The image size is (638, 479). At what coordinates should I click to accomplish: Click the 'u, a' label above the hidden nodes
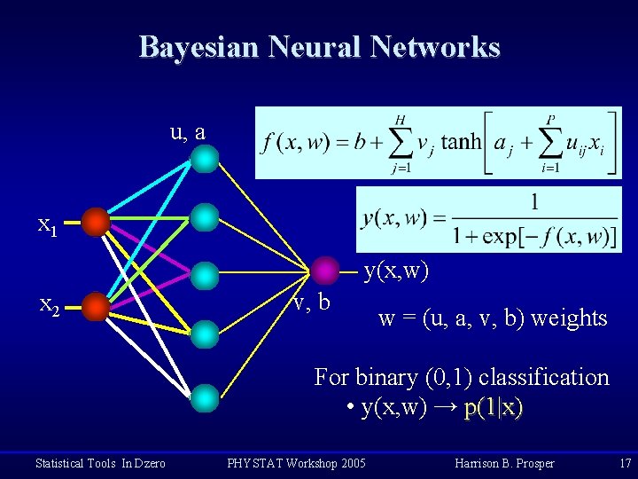tap(188, 132)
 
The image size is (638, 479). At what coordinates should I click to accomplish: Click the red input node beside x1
tap(96, 222)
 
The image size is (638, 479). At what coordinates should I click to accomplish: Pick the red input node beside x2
tap(96, 308)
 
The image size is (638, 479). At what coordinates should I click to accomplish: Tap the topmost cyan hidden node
tap(205, 158)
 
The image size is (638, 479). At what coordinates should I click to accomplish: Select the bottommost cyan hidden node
tap(205, 396)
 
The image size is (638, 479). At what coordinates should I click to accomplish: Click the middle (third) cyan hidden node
tap(205, 275)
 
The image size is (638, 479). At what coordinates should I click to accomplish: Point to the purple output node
tap(326, 269)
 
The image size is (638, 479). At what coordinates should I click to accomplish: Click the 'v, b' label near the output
tap(311, 302)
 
